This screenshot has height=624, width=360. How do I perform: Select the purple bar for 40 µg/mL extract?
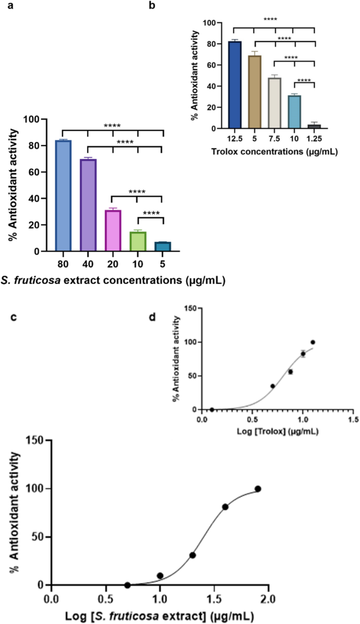(88, 205)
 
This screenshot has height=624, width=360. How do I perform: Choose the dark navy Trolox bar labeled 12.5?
(234, 85)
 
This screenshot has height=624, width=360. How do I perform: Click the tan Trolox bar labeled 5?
(254, 91)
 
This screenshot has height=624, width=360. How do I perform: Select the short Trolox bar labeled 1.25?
(314, 126)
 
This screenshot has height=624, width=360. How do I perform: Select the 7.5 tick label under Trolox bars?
(274, 138)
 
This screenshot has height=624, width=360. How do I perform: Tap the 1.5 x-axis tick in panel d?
(353, 420)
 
